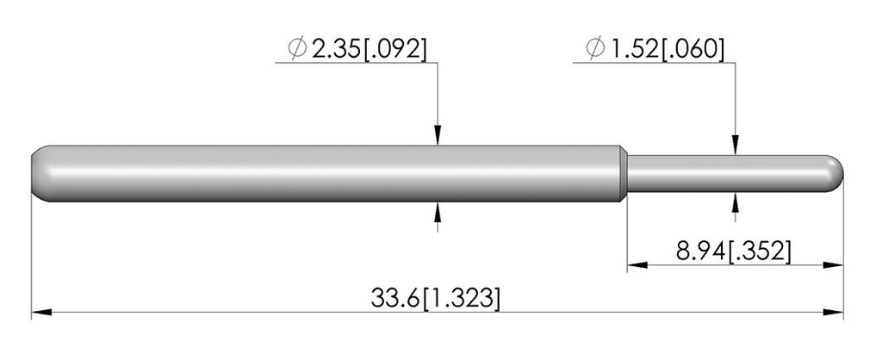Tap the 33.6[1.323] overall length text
[x=435, y=298]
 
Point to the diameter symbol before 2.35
[x=296, y=49]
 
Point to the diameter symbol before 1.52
[x=595, y=49]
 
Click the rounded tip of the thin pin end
[x=836, y=173]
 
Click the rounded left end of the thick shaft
[x=40, y=174]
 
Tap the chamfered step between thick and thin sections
[x=624, y=174]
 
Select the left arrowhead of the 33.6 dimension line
[x=41, y=312]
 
